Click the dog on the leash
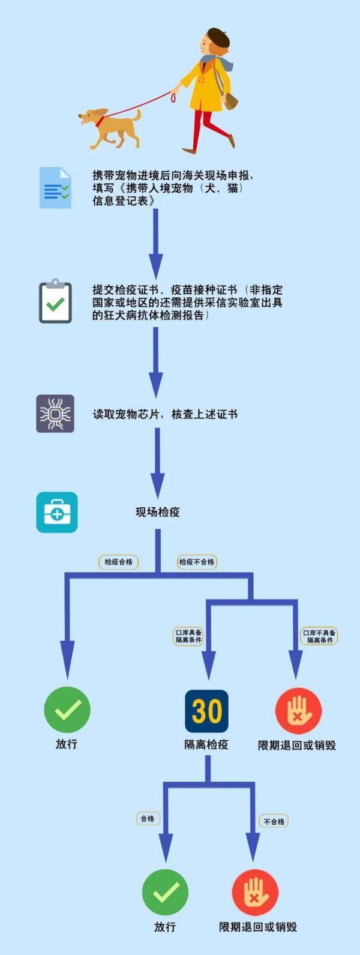pyautogui.click(x=109, y=127)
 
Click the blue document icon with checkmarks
pyautogui.click(x=55, y=188)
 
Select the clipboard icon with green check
pyautogui.click(x=55, y=301)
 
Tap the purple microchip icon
pyautogui.click(x=55, y=414)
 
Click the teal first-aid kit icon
pyautogui.click(x=56, y=512)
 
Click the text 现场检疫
pyautogui.click(x=158, y=511)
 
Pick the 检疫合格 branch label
pyautogui.click(x=118, y=562)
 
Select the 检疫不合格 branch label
pyautogui.click(x=197, y=562)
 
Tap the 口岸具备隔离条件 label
pyautogui.click(x=189, y=636)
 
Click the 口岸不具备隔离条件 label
pyautogui.click(x=320, y=636)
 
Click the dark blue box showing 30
pyautogui.click(x=206, y=711)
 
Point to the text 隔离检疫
pyautogui.click(x=206, y=744)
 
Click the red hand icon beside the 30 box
pyautogui.click(x=298, y=711)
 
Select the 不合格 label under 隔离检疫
pyautogui.click(x=274, y=821)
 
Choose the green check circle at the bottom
pyautogui.click(x=166, y=893)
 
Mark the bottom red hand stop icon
pyautogui.click(x=255, y=893)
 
